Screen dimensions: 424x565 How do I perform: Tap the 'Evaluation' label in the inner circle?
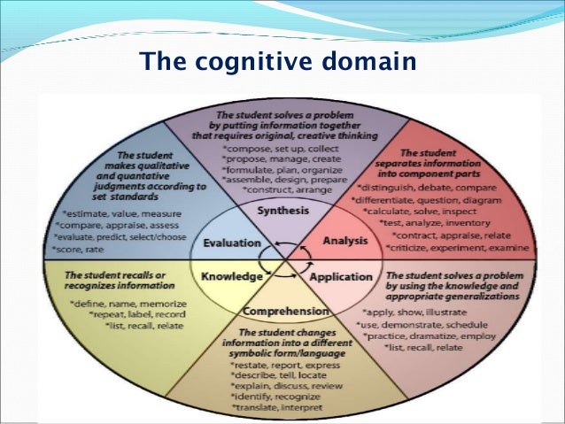pyautogui.click(x=231, y=243)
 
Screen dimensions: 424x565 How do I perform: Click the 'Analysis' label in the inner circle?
pyautogui.click(x=338, y=239)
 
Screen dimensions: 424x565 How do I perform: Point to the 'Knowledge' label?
pyautogui.click(x=231, y=277)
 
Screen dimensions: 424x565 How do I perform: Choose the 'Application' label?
pyautogui.click(x=342, y=277)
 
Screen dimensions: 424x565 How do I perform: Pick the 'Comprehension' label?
pyautogui.click(x=285, y=312)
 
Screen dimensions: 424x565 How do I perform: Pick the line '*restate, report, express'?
pyautogui.click(x=282, y=365)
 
